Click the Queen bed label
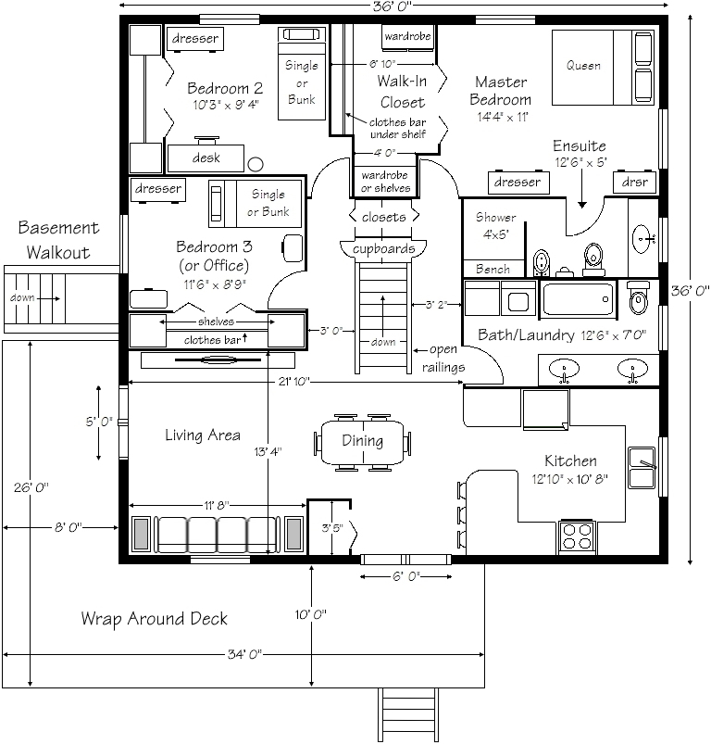point(583,66)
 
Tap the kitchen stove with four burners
point(577,536)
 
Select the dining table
point(363,442)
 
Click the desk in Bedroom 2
point(206,158)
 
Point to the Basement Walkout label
point(58,240)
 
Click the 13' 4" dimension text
point(268,451)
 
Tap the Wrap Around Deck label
point(154,619)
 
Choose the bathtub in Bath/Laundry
point(578,299)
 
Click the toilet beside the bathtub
point(638,297)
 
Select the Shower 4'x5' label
point(495,225)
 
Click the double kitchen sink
point(642,467)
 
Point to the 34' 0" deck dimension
point(244,654)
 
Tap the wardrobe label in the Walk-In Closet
point(407,36)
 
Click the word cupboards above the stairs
point(383,248)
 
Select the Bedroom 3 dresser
point(157,189)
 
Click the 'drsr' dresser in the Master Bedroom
point(635,183)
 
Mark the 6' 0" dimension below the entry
point(406,576)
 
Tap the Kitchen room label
point(570,460)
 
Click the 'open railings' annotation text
point(443,359)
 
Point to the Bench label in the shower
point(493,269)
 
